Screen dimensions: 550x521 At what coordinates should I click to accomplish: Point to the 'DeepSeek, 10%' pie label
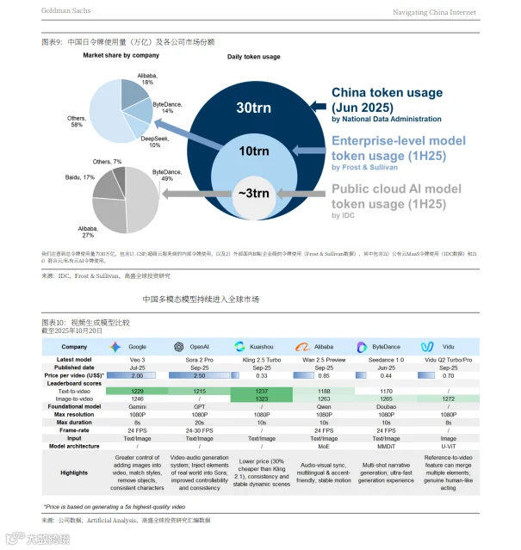tap(154, 141)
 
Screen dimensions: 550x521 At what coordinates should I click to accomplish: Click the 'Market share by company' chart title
tap(121, 55)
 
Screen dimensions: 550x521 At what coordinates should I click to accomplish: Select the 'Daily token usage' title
tap(253, 57)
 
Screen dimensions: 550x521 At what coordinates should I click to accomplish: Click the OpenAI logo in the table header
tap(178, 346)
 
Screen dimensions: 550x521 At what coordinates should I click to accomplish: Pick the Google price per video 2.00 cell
tap(136, 375)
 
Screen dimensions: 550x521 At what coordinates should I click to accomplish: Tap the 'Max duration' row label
tap(78, 423)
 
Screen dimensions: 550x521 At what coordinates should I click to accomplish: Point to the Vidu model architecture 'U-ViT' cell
tap(448, 447)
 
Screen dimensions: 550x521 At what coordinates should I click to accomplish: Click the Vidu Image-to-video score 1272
tap(448, 399)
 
